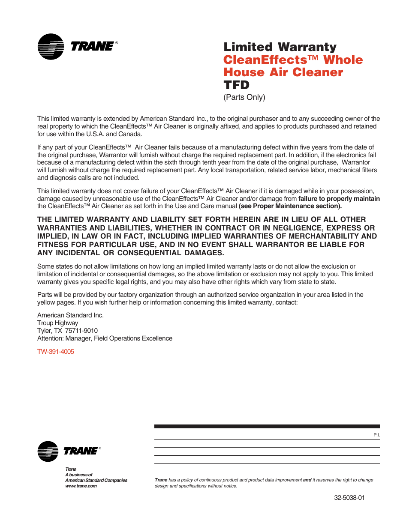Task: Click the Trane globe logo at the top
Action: point(51,47)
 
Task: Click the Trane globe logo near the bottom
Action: point(48,451)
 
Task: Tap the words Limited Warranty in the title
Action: point(280,47)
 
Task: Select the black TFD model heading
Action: point(236,85)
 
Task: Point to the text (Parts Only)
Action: point(244,97)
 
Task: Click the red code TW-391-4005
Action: point(56,352)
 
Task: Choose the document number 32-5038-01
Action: point(349,498)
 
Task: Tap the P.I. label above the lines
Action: point(376,435)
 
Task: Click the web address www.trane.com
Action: point(81,486)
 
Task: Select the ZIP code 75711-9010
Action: point(81,331)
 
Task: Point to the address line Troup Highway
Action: point(57,323)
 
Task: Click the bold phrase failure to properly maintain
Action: point(339,199)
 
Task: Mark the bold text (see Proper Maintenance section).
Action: point(290,206)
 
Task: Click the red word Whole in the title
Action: point(343,60)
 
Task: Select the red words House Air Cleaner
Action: point(283,72)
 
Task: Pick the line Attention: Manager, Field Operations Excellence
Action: point(105,338)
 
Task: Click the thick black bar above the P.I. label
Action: point(267,427)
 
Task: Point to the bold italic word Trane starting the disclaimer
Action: point(161,480)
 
